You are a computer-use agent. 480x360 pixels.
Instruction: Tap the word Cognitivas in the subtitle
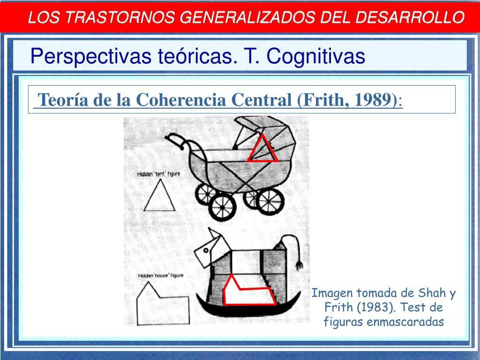tap(315, 56)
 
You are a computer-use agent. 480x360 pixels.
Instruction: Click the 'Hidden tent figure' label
tap(158, 174)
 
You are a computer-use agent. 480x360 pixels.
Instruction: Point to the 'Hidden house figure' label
tap(160, 276)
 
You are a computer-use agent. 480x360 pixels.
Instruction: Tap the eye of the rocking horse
tap(206, 250)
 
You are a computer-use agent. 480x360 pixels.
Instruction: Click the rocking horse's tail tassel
tap(299, 265)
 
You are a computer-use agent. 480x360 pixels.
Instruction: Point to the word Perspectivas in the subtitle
tap(90, 56)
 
